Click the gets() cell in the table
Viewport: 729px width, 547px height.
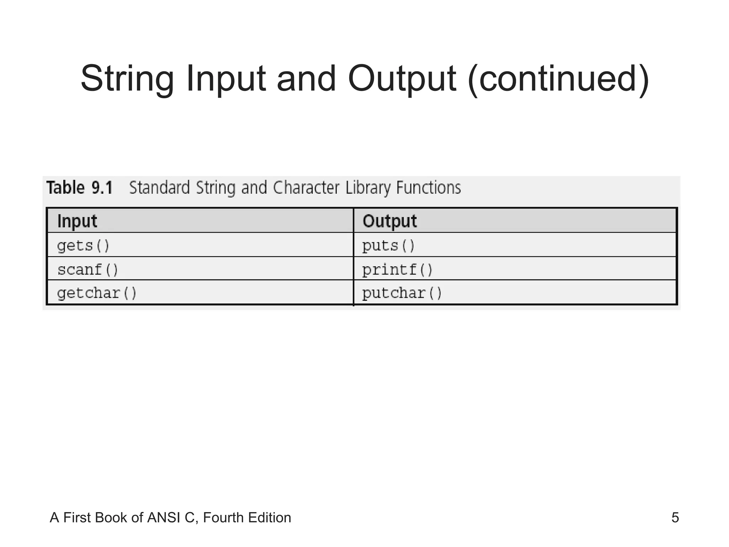pos(84,246)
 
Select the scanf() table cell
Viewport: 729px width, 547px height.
pos(88,270)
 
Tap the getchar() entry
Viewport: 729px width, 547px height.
pos(97,293)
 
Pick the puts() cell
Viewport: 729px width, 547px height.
pos(389,246)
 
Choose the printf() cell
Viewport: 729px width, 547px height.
pos(398,270)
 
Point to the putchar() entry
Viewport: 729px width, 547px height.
pos(402,293)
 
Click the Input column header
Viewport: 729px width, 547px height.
pos(77,221)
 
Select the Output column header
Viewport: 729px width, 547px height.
pos(390,221)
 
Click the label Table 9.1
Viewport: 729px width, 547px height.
pos(80,188)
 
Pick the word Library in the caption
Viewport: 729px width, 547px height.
pos(368,188)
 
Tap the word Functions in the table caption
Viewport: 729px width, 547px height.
pos(429,188)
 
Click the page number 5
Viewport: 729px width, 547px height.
pos(675,517)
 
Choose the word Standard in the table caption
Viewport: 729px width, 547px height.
pos(159,188)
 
